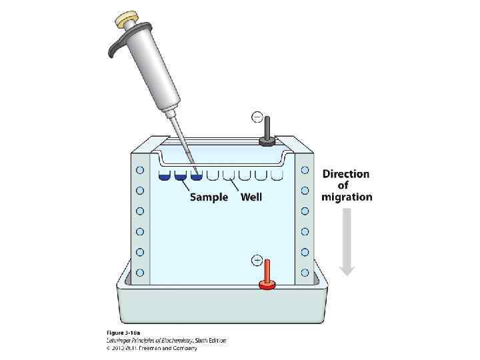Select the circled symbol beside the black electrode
[x=257, y=118]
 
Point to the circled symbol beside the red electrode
[x=256, y=261]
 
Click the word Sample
[x=209, y=197]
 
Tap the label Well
[x=251, y=197]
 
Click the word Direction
[x=346, y=174]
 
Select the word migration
[x=347, y=197]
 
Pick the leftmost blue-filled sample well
[x=165, y=176]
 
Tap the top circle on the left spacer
[x=140, y=170]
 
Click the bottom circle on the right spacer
[x=305, y=273]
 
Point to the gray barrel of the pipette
[x=151, y=73]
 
